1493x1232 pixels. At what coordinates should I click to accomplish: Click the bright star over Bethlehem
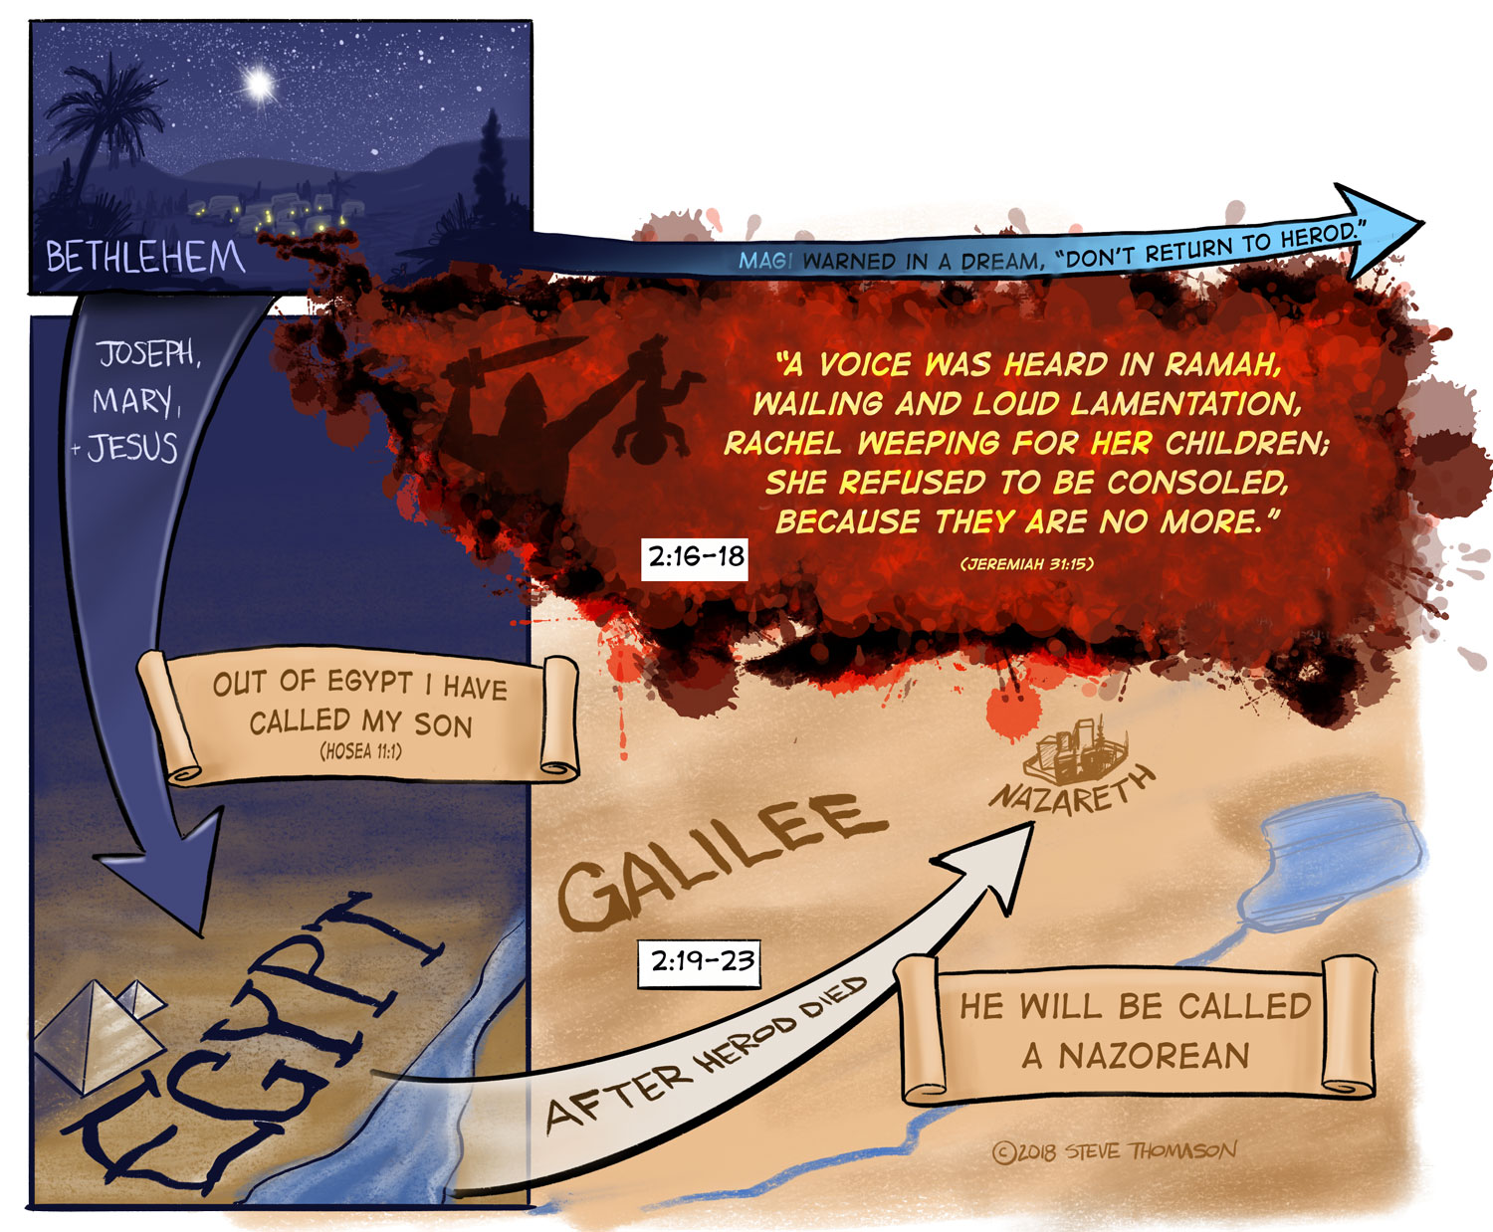coord(261,84)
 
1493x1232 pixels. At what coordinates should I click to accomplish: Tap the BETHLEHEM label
coord(145,258)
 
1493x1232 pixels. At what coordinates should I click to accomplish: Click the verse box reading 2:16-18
coord(696,556)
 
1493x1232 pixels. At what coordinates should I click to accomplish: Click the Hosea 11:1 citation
coord(360,751)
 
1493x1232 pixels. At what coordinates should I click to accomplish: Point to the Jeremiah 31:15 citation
coord(1026,564)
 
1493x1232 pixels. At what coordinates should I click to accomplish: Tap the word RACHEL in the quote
coord(785,443)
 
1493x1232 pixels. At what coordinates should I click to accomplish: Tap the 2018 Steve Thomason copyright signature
coord(1115,1151)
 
